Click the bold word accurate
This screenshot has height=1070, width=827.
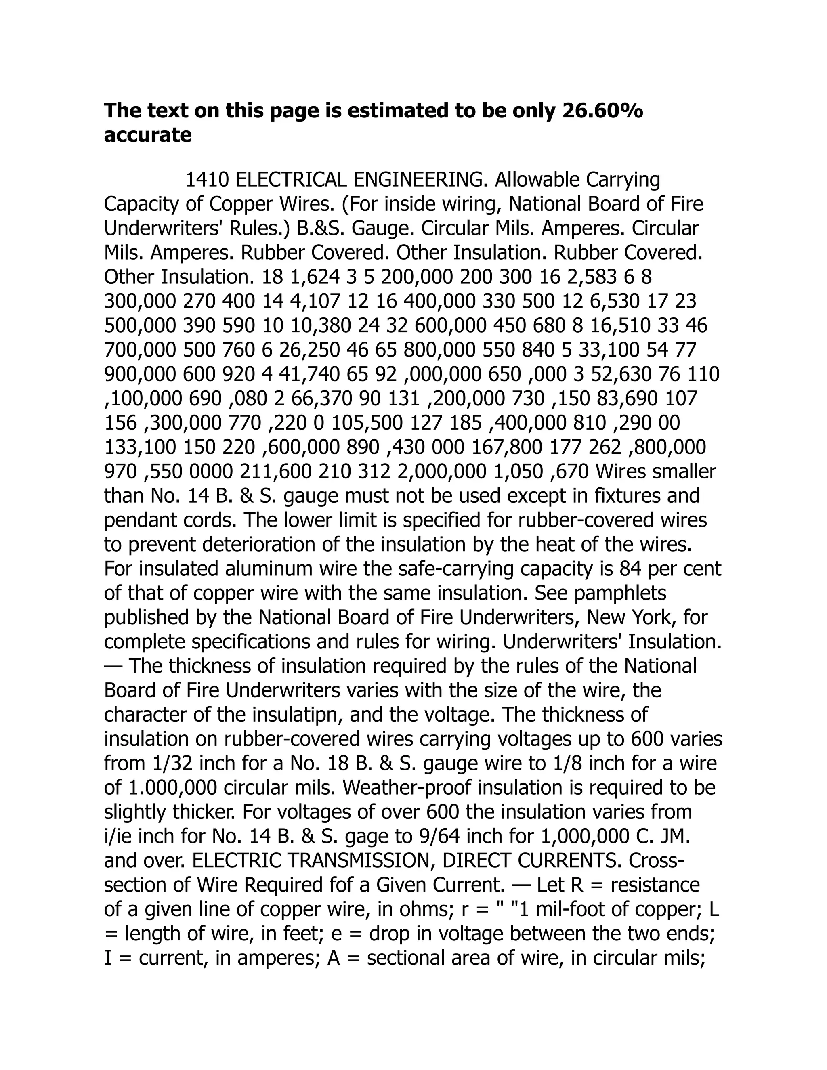[x=147, y=135]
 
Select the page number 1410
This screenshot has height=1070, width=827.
[x=207, y=180]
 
